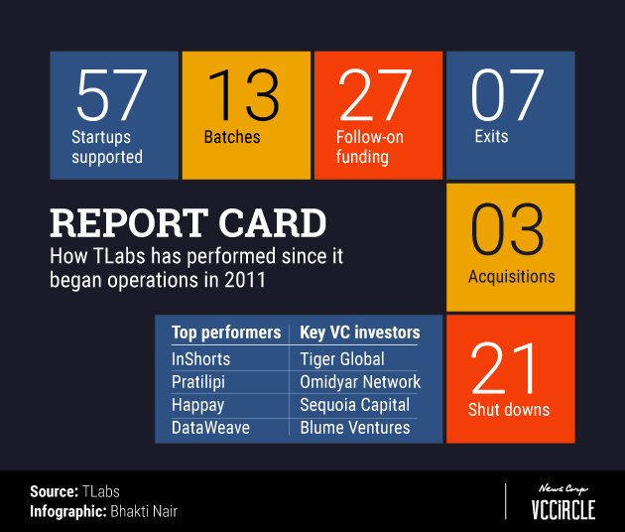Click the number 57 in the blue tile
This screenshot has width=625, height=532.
coord(111,94)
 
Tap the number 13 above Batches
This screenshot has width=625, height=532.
coord(243,94)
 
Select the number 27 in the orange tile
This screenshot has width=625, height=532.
coord(375,94)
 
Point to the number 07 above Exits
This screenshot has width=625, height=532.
coord(507,94)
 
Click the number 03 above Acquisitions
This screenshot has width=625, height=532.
coord(507,229)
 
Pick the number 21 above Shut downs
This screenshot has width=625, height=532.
coord(503,368)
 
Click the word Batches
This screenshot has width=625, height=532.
coord(232,137)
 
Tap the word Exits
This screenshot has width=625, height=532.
coord(491,136)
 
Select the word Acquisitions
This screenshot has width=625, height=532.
coord(511,276)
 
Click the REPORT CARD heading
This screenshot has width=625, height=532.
coord(188,222)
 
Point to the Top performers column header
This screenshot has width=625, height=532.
coord(226,332)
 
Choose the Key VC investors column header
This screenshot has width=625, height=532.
coord(360,332)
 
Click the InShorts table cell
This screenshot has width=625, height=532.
coord(200,359)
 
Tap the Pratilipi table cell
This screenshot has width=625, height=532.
coord(198,382)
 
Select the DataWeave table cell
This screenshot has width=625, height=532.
coord(210,428)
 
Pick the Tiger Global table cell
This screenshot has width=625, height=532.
coord(342,359)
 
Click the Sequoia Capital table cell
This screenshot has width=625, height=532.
coord(355,405)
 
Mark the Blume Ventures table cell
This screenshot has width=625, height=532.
coord(355,428)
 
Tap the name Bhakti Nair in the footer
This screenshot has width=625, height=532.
coord(144,511)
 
